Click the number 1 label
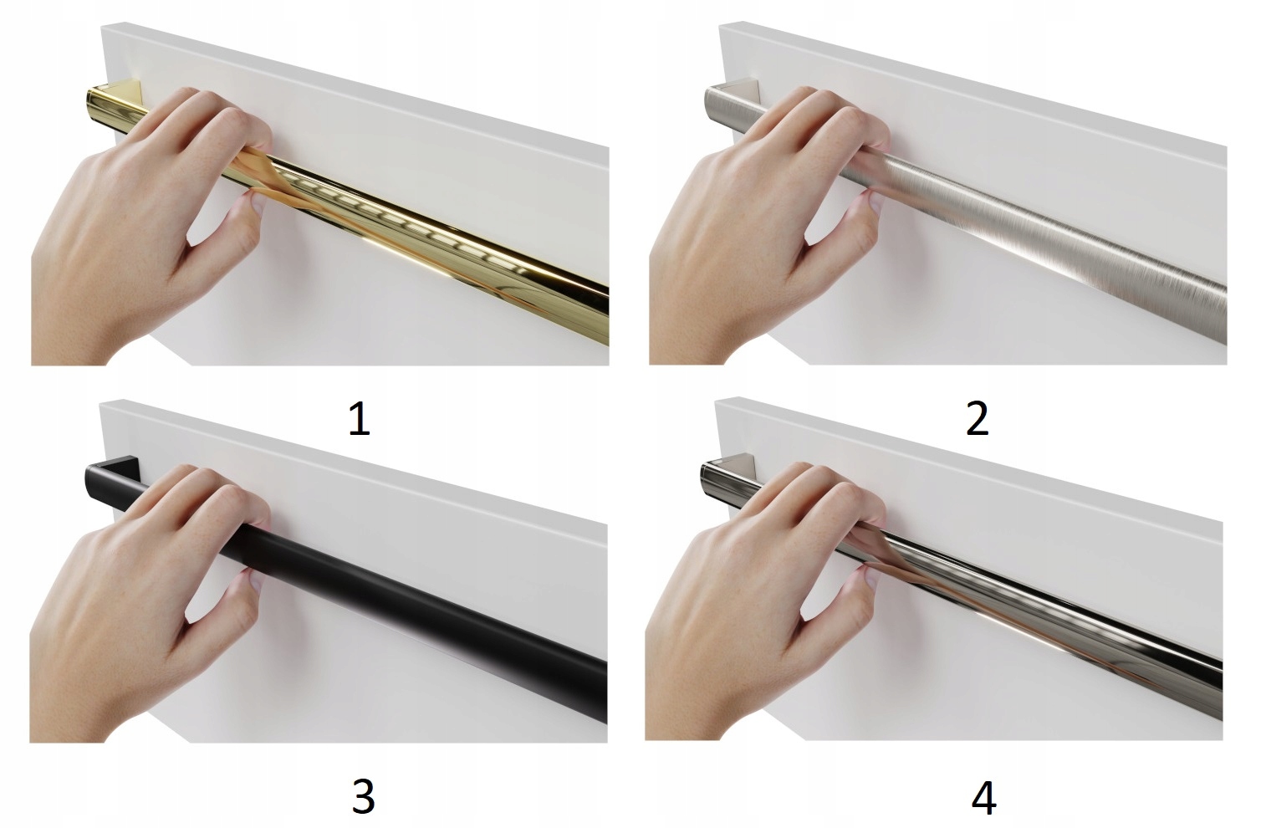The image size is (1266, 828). [360, 418]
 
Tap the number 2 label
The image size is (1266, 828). [978, 418]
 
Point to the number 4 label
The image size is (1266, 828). [984, 797]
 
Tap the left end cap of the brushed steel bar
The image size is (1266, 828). [710, 103]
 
